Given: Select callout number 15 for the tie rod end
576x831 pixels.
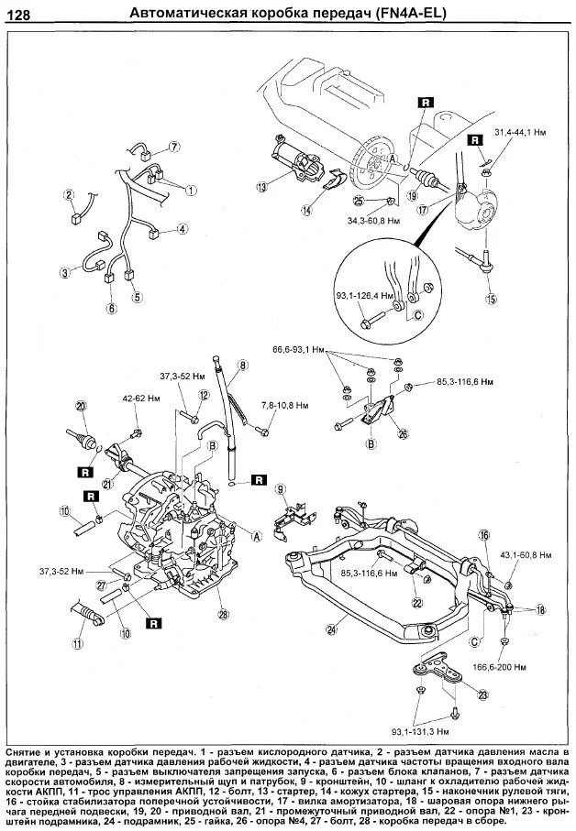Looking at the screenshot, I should [491, 299].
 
